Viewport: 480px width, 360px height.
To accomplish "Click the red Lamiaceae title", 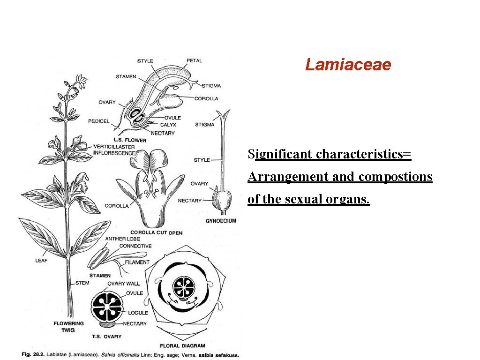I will [348, 65].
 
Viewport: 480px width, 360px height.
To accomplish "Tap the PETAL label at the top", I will [194, 61].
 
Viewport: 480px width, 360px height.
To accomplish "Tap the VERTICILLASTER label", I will [114, 146].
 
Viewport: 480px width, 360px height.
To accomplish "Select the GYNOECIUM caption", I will [221, 221].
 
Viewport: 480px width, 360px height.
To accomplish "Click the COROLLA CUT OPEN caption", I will [156, 232].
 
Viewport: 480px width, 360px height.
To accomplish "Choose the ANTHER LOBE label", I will [122, 239].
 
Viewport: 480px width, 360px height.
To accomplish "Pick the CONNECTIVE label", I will [135, 246].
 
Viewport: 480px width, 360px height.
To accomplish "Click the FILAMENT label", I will [137, 262].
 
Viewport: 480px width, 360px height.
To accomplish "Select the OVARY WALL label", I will [124, 284].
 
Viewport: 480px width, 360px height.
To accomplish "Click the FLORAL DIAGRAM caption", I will [182, 346].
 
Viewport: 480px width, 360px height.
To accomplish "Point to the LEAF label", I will [41, 261].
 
